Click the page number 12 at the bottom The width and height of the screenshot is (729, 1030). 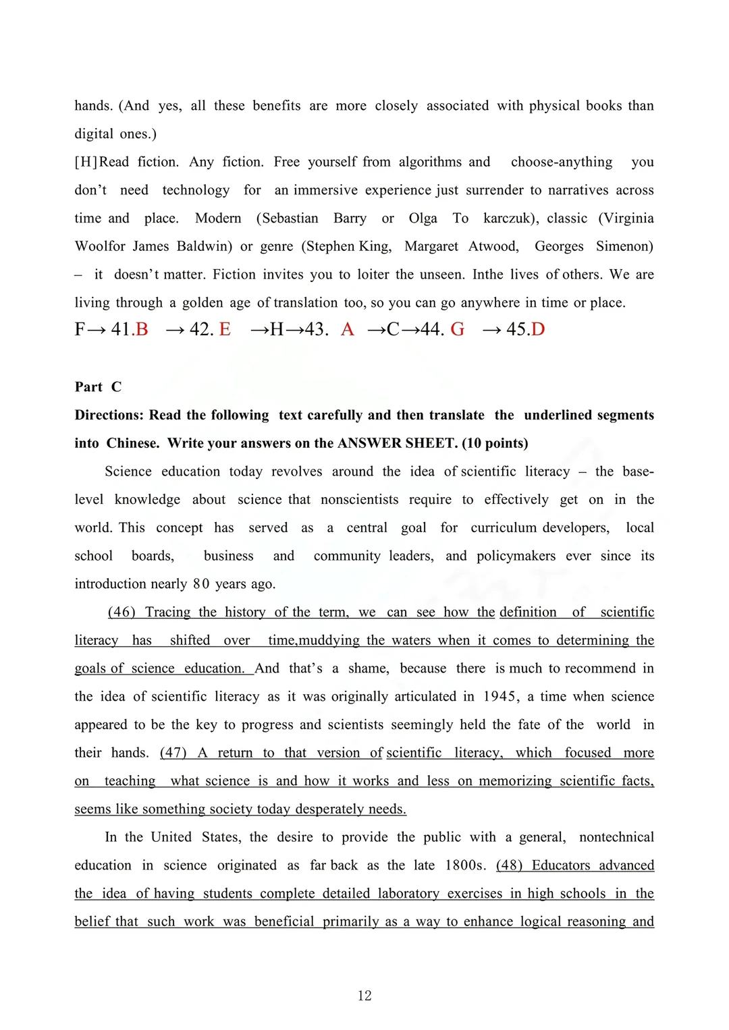tap(364, 996)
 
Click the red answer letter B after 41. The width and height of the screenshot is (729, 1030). tap(142, 329)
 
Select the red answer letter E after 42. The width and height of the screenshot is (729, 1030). tap(225, 329)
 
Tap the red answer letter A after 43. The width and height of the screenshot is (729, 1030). tap(348, 329)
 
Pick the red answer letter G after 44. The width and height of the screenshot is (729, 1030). tap(458, 329)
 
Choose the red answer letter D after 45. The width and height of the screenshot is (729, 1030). tap(538, 329)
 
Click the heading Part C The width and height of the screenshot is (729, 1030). tap(98, 387)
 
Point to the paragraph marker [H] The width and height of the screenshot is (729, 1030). tap(86, 162)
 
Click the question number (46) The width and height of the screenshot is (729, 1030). tap(122, 612)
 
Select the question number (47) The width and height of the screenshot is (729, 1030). tap(173, 753)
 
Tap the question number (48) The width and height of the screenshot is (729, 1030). tap(510, 865)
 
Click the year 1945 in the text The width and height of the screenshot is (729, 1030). tap(500, 697)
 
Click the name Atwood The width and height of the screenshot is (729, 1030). tap(493, 246)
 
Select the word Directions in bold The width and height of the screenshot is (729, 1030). tap(108, 415)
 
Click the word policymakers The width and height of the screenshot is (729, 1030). tap(516, 556)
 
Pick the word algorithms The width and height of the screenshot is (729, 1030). tap(430, 162)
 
